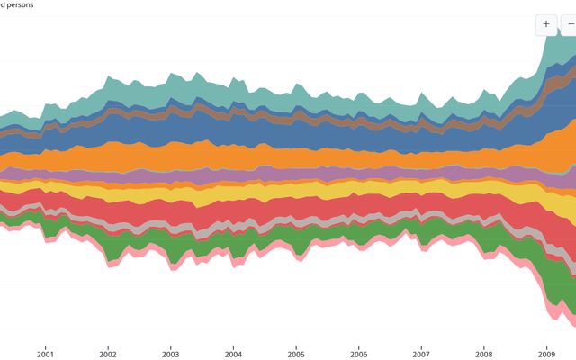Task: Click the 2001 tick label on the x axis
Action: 45,354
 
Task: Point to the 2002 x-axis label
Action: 108,354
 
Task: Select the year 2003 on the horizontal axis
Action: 170,354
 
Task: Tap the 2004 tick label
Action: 233,354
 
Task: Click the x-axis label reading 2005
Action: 296,354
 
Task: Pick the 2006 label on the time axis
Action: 358,354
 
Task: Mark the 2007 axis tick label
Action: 421,354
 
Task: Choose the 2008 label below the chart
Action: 484,354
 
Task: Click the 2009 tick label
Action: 546,354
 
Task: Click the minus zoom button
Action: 569,24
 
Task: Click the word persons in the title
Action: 21,4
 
